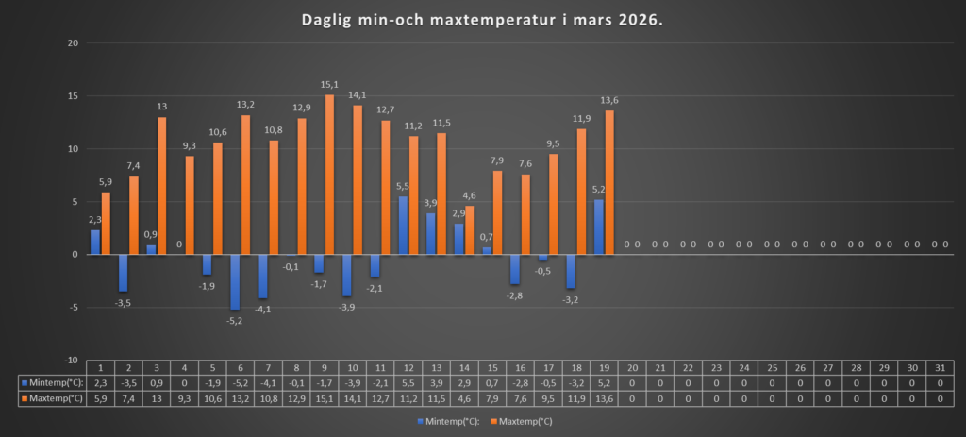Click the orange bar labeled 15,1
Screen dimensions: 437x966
click(330, 175)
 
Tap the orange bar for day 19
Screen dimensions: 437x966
click(608, 182)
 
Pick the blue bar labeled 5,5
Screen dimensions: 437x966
click(403, 226)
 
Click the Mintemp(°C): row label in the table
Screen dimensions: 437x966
click(53, 383)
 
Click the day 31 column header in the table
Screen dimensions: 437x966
click(940, 367)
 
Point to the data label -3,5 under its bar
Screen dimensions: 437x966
click(123, 303)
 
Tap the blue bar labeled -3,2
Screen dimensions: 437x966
click(570, 271)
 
